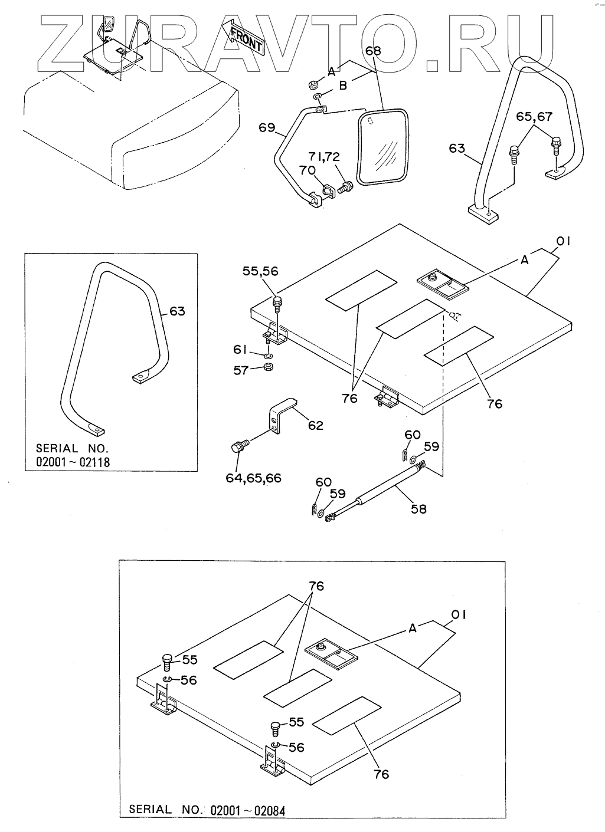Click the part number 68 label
pyautogui.click(x=373, y=51)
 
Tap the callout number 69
pyautogui.click(x=267, y=127)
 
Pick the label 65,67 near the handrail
pyautogui.click(x=534, y=117)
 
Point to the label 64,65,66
pyautogui.click(x=253, y=478)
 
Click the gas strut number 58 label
pyautogui.click(x=418, y=508)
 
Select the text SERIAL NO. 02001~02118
pyautogui.click(x=73, y=455)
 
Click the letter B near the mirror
pyautogui.click(x=343, y=87)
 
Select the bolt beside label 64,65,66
pyautogui.click(x=240, y=448)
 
